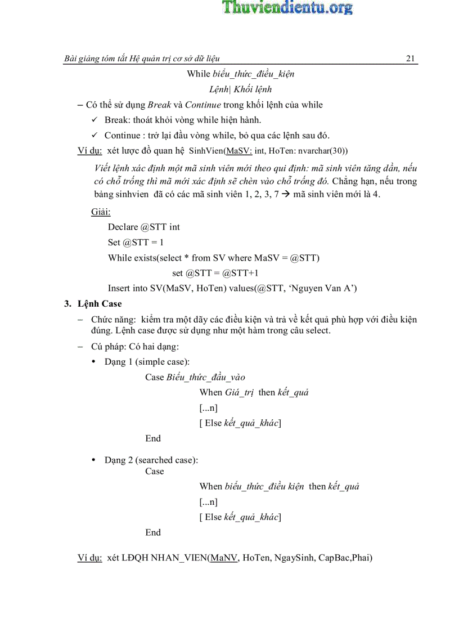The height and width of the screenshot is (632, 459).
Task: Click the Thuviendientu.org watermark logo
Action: (287, 7)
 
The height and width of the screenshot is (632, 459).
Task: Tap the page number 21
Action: (410, 59)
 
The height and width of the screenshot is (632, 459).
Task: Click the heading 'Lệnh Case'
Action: (100, 303)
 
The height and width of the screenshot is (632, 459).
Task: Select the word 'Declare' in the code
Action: (123, 227)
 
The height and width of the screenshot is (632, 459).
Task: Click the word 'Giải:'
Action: (101, 212)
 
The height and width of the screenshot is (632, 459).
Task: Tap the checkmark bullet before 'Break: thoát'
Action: (94, 120)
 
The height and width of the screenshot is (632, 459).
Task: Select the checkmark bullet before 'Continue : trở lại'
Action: (94, 135)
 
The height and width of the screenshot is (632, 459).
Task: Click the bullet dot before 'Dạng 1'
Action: (93, 362)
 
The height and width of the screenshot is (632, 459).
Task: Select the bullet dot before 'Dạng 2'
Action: (93, 460)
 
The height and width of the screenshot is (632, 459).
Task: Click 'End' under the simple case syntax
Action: (153, 438)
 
